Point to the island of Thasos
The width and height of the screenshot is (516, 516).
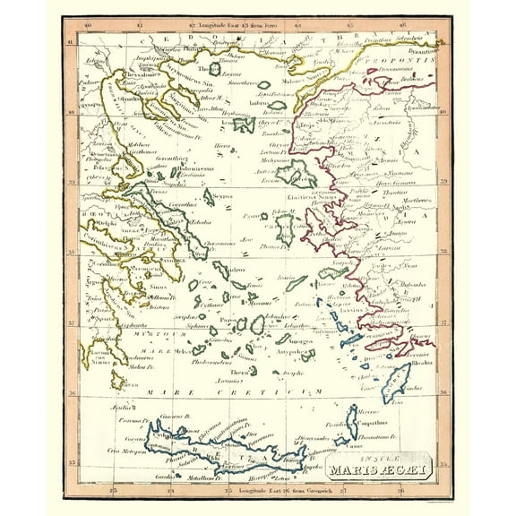[x=215, y=68]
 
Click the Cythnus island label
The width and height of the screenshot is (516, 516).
[x=210, y=305]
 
